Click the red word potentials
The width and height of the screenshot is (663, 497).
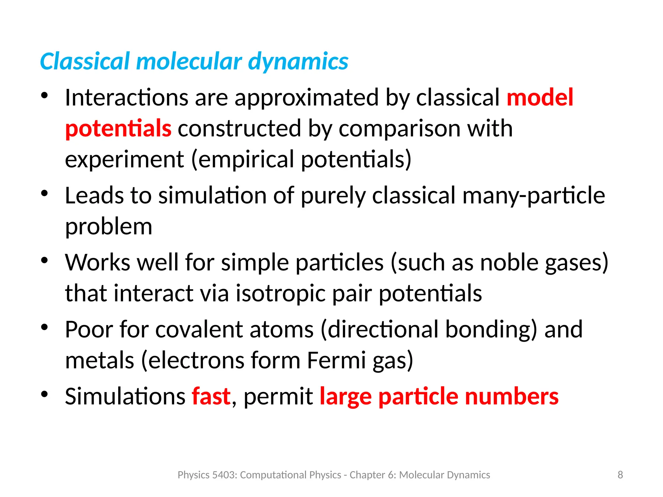(118, 128)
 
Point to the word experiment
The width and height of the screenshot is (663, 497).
(124, 160)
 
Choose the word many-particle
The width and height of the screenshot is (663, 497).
(534, 196)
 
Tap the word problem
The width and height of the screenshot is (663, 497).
(108, 226)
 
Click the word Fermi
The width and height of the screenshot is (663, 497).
(336, 360)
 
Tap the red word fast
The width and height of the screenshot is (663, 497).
(211, 396)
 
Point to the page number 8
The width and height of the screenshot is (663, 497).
(620, 475)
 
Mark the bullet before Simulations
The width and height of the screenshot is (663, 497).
(44, 394)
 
